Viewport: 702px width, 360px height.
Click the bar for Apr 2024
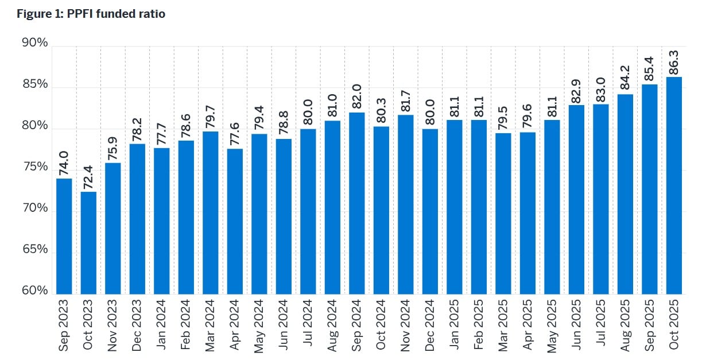point(235,221)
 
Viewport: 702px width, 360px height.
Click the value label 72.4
point(88,176)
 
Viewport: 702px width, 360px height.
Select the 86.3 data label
point(674,61)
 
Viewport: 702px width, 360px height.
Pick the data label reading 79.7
point(210,115)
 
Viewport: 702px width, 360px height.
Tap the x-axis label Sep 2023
point(64,324)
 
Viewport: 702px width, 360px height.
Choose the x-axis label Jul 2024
point(308,324)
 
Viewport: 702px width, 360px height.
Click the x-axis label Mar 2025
point(503,324)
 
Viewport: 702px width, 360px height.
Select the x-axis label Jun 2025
point(576,324)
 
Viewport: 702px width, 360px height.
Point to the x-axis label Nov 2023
point(113,324)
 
